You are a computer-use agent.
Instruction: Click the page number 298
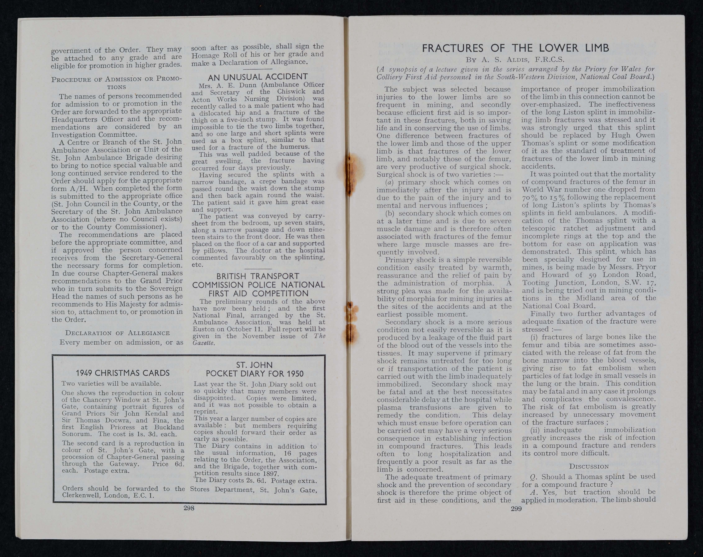tap(189, 508)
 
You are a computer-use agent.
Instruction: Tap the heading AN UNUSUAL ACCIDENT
tap(258, 77)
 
